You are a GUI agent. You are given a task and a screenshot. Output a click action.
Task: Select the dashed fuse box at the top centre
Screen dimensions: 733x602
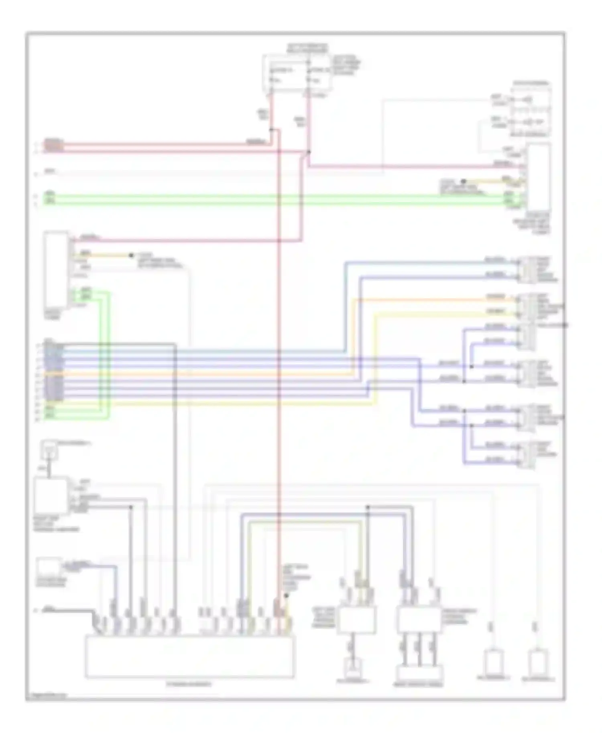[x=297, y=73]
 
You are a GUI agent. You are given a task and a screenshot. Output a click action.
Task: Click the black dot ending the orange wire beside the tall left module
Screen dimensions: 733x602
[x=131, y=255]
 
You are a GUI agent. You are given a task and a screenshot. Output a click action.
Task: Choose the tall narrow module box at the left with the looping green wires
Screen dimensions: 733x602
[x=56, y=269]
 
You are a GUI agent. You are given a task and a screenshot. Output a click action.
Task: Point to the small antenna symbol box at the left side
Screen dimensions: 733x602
[x=49, y=450]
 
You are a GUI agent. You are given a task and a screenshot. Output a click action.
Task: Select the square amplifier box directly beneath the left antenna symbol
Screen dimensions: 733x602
[x=51, y=496]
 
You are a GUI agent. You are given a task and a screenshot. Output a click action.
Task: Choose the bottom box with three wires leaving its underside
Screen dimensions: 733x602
[x=419, y=620]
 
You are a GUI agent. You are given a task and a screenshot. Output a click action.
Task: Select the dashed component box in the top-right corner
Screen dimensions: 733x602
[x=530, y=109]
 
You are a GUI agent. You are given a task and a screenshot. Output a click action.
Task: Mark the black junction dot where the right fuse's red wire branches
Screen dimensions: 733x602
[x=308, y=152]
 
